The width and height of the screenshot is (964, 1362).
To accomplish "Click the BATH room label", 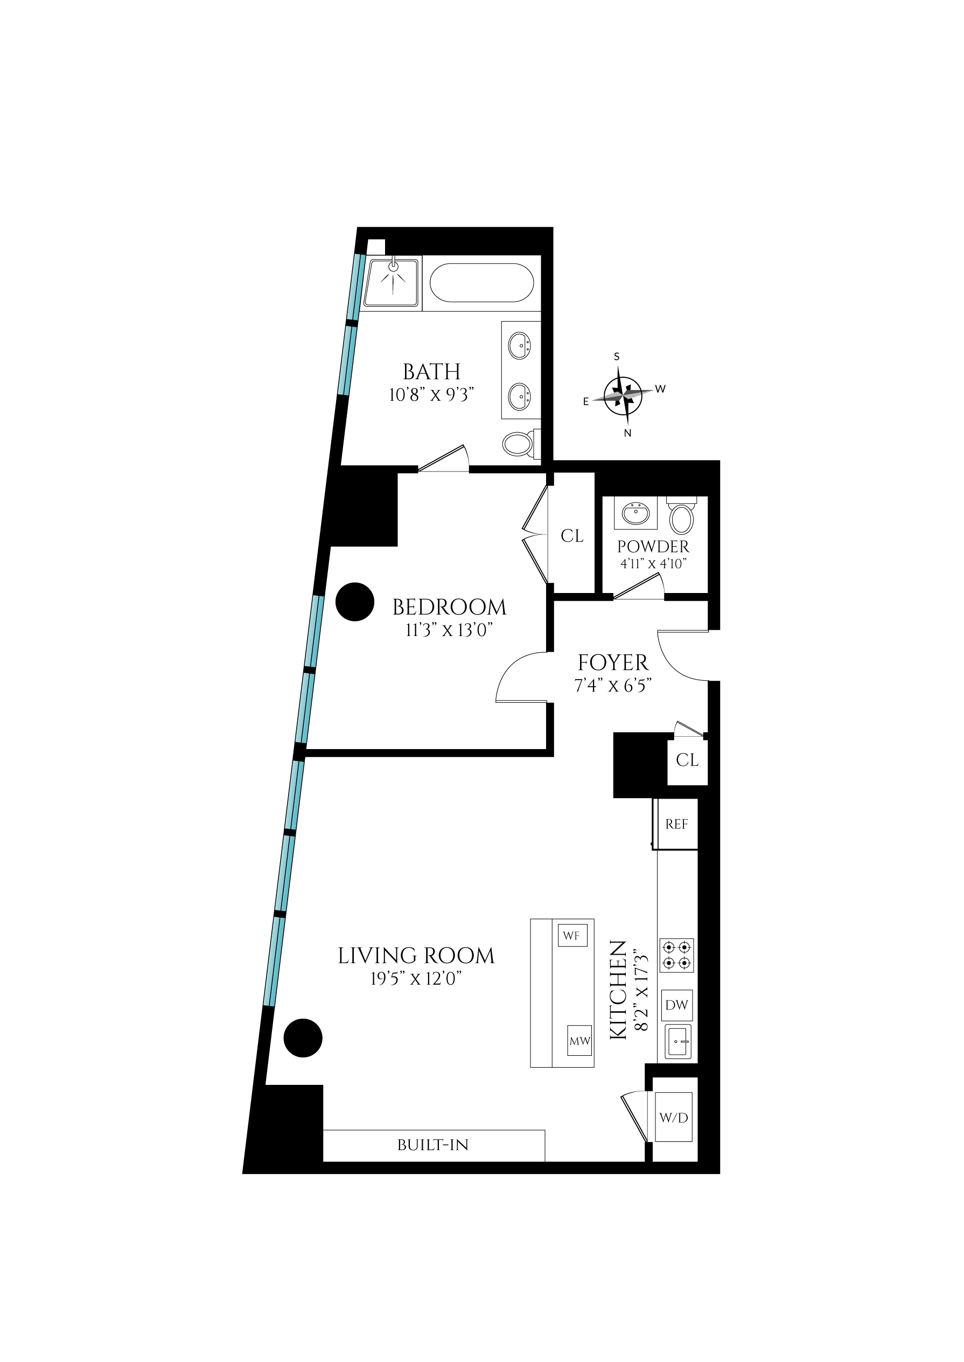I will pyautogui.click(x=431, y=372).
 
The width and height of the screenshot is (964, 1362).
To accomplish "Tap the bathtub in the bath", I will pyautogui.click(x=481, y=283).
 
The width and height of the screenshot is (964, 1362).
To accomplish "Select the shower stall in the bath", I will pyautogui.click(x=390, y=283).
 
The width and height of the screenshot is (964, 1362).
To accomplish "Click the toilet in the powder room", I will pyautogui.click(x=681, y=518).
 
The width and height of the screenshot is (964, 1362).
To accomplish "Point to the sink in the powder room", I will pyautogui.click(x=635, y=512).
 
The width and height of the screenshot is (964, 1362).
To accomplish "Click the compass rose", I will pyautogui.click(x=623, y=395).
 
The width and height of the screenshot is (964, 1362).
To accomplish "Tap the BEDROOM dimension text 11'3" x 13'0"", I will pyautogui.click(x=449, y=630).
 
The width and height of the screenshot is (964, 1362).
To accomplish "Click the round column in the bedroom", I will pyautogui.click(x=355, y=602).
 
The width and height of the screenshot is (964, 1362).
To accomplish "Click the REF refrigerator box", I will pyautogui.click(x=676, y=824).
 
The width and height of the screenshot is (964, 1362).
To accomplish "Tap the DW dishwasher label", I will pyautogui.click(x=676, y=1005).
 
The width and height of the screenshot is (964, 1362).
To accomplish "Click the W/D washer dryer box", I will pyautogui.click(x=674, y=1118).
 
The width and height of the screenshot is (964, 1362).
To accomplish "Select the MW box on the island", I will pyautogui.click(x=579, y=1041).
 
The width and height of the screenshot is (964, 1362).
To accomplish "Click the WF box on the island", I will pyautogui.click(x=571, y=935).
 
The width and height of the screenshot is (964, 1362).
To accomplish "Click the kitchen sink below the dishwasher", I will pyautogui.click(x=677, y=1041).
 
